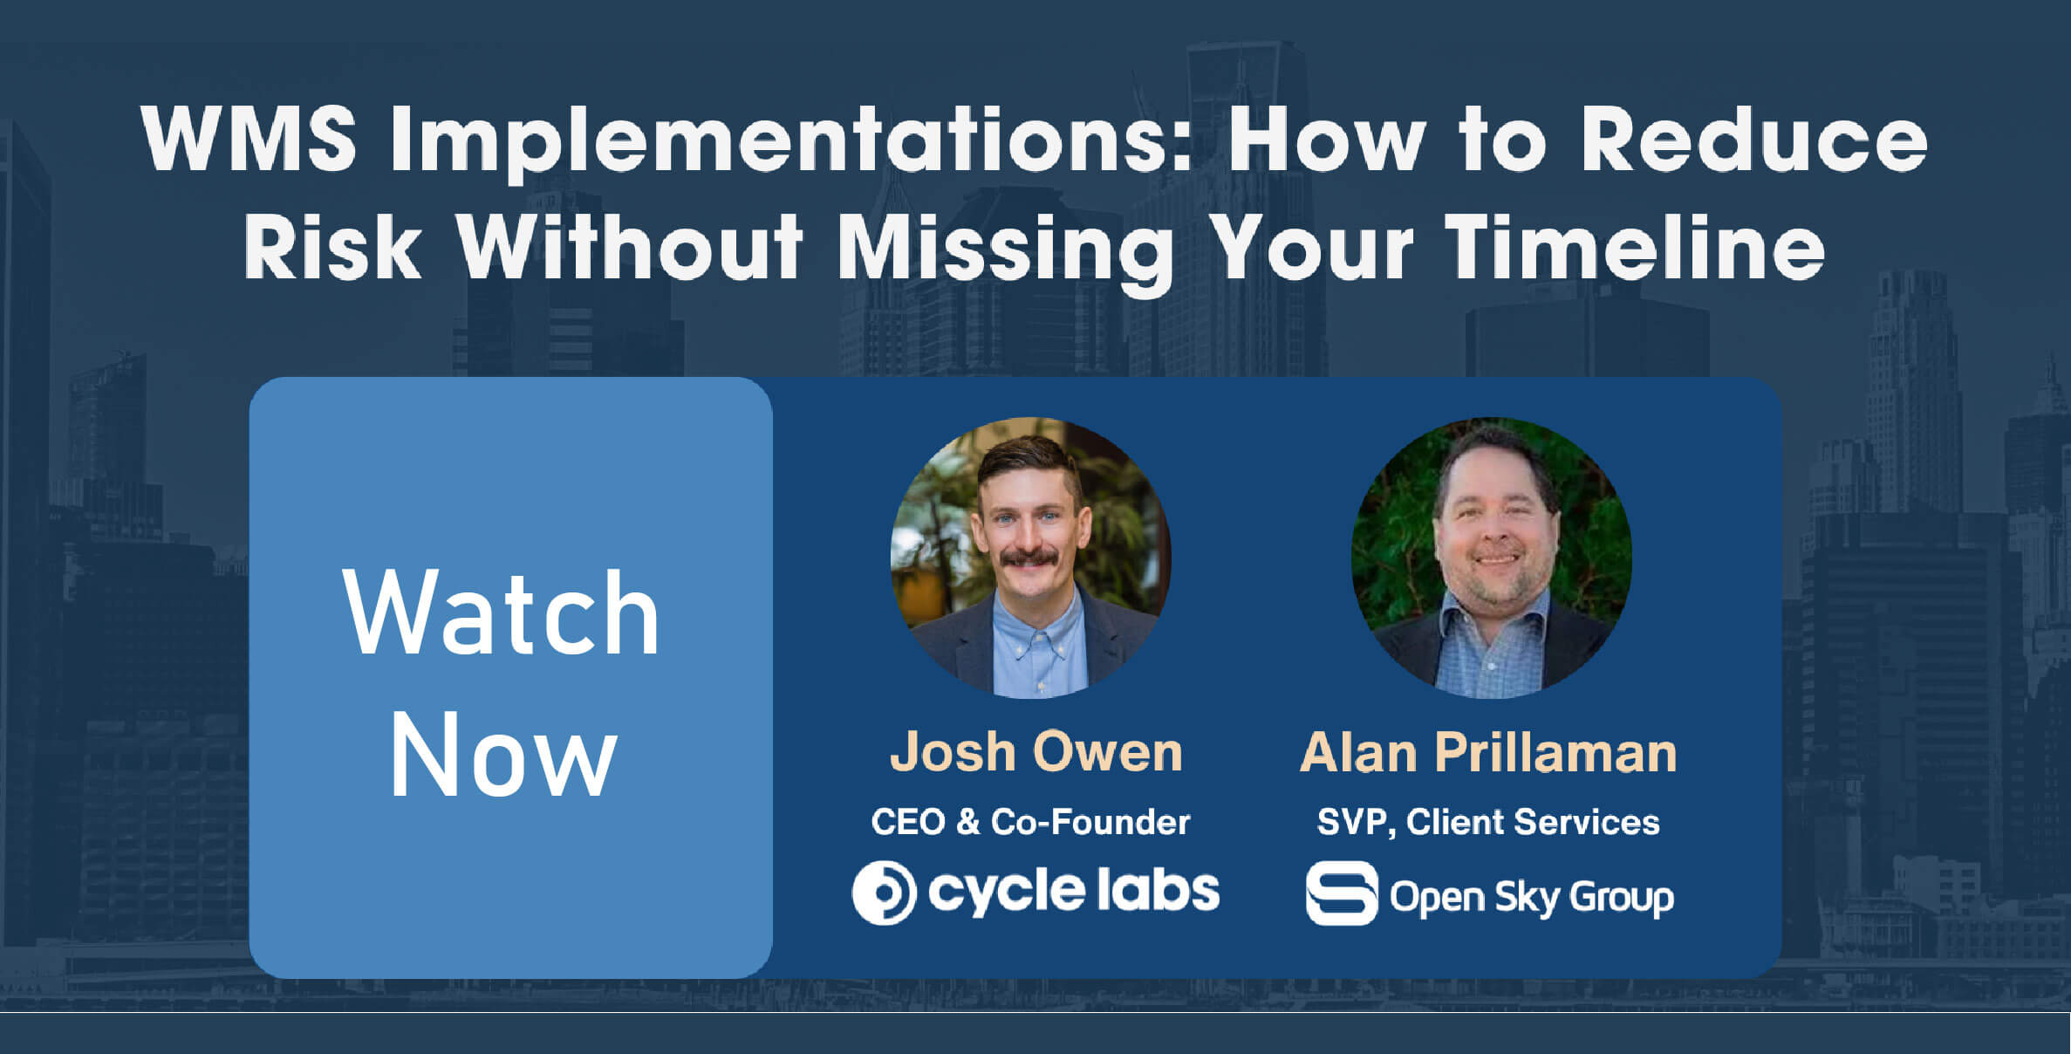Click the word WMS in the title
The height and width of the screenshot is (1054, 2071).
249,139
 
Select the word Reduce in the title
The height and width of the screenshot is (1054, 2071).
1754,139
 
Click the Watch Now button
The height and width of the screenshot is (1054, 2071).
510,677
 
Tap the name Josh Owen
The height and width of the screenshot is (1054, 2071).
1035,751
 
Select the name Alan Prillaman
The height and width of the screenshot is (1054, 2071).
1488,751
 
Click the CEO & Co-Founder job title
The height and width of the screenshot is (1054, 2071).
1030,822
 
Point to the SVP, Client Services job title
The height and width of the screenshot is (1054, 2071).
1488,823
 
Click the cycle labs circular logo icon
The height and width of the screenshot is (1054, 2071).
884,893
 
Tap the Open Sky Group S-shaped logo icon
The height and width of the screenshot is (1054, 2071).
1342,893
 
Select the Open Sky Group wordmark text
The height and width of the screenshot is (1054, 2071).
1532,897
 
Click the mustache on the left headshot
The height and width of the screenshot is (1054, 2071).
1029,557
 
